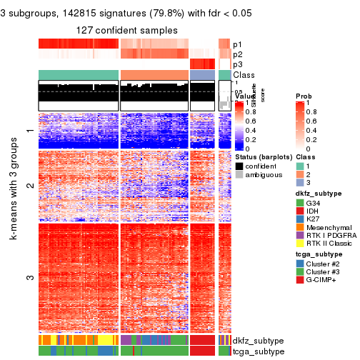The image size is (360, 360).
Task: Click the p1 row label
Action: tap(238, 44)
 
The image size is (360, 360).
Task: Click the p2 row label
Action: tap(238, 54)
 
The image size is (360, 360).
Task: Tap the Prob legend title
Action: tap(304, 96)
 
